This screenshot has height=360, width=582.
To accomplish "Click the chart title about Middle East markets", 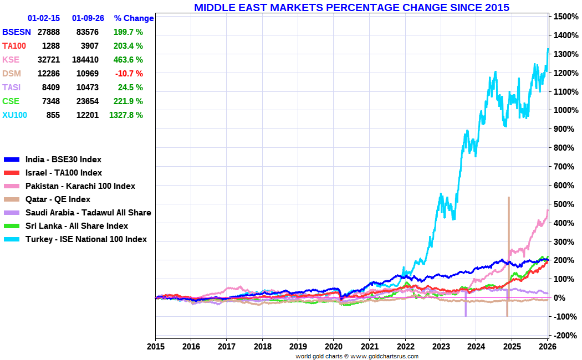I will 351,7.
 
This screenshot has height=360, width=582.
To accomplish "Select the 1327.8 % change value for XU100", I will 127,115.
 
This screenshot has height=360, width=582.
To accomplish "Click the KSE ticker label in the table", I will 11,60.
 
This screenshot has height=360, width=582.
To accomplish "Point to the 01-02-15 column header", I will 44,18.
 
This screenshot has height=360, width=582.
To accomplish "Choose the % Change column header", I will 134,18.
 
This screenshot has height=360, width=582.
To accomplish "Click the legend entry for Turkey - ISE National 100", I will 86,239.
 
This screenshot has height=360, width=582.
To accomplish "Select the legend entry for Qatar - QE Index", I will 58,199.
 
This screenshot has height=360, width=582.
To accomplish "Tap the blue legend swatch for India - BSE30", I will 12,160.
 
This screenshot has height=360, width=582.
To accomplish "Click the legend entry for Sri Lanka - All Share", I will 76,226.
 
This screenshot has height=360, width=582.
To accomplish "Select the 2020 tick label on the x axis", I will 334,346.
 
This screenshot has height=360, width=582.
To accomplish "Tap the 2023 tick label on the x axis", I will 441,346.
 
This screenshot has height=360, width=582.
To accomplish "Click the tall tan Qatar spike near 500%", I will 508,222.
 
